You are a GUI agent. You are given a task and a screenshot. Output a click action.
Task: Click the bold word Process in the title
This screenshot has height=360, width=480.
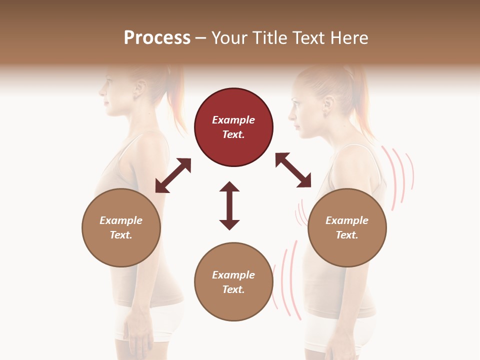coord(157,38)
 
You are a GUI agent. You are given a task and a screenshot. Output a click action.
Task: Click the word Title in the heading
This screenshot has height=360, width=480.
coord(271,38)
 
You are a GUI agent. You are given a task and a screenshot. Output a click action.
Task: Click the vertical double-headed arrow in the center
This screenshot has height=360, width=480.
coord(229,205)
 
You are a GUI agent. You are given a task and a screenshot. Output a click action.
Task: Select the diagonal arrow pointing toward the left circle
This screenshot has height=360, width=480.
coord(173,175)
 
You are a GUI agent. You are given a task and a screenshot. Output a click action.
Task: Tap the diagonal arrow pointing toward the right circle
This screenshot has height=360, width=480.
coord(293,170)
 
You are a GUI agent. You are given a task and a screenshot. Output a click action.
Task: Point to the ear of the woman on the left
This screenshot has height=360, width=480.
coord(139,91)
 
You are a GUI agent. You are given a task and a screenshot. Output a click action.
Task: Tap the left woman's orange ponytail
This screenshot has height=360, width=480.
coord(176,105)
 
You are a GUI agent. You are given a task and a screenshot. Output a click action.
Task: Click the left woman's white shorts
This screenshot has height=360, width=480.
coord(145,320)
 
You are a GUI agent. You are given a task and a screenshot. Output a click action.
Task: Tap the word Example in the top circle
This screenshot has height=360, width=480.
coord(233,120)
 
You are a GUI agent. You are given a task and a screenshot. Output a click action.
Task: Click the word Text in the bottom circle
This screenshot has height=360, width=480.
coord(233,289)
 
